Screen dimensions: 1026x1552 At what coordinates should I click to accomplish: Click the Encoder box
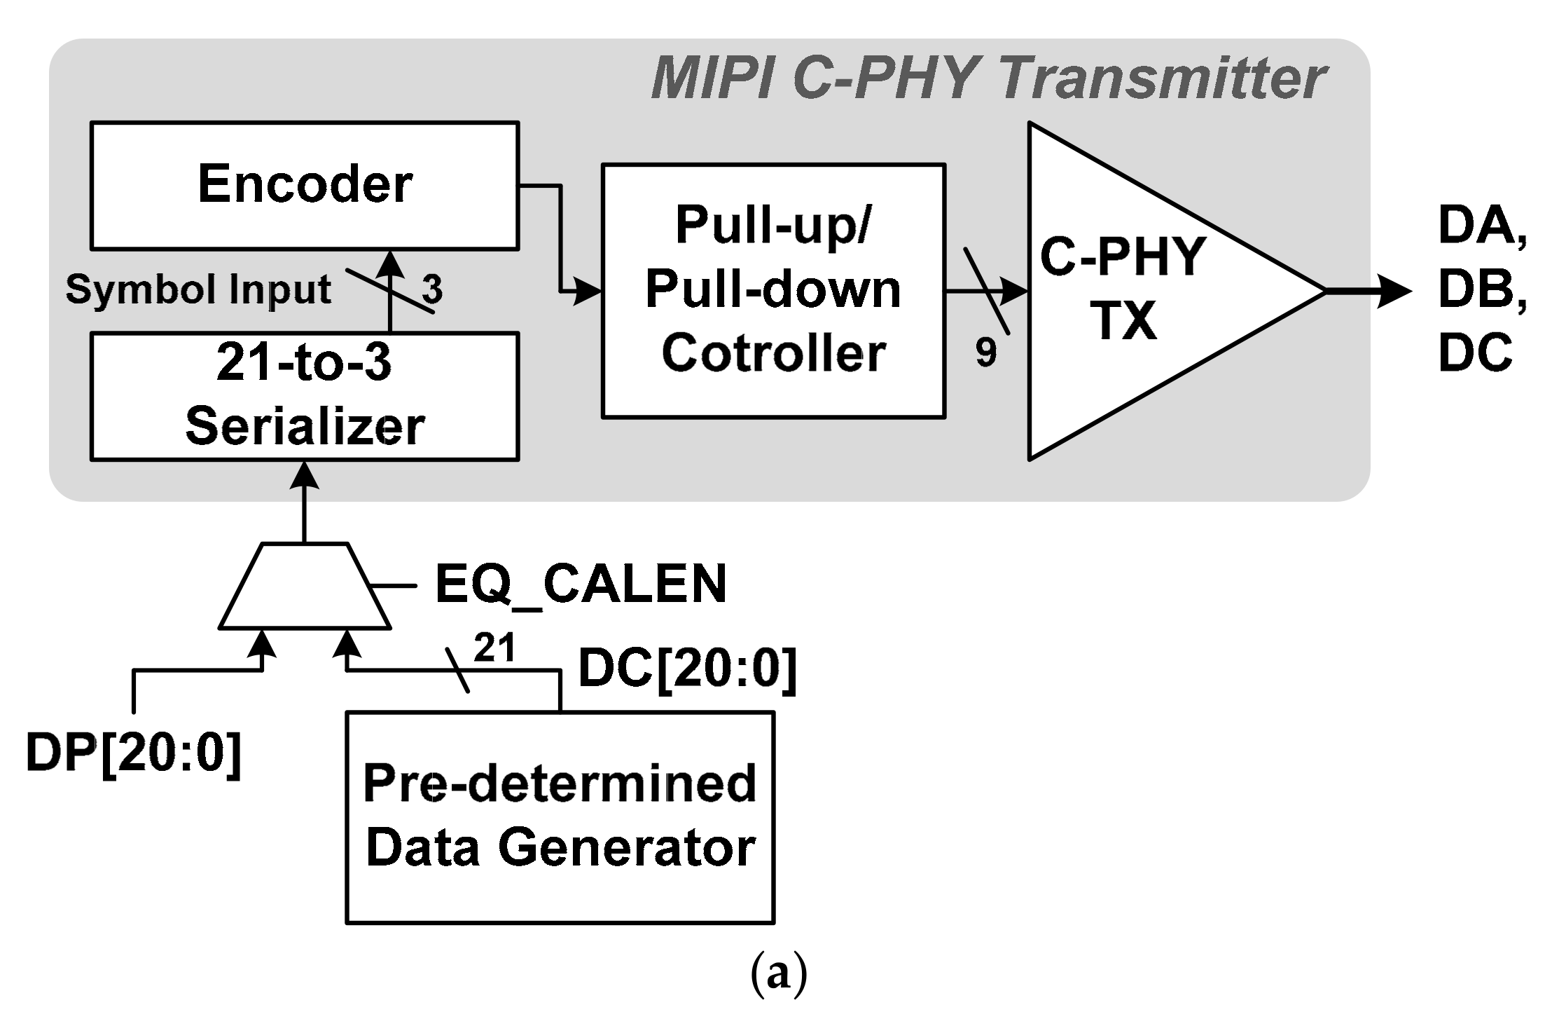click(305, 186)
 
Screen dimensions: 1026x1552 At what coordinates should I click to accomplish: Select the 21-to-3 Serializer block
click(305, 397)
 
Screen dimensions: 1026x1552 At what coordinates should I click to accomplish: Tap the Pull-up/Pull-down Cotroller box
click(773, 291)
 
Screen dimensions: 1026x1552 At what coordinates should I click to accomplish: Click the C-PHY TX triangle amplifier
click(1135, 291)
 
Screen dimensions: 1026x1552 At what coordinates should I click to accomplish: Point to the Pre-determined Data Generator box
click(560, 817)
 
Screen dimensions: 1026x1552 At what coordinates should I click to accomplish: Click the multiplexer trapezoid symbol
click(305, 586)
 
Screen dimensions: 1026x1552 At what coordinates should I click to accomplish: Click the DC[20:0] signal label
click(687, 669)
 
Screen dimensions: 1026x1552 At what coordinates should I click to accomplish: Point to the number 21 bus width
click(494, 648)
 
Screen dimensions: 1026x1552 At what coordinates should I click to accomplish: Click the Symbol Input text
click(198, 289)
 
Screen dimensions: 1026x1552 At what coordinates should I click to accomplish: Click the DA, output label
click(1482, 226)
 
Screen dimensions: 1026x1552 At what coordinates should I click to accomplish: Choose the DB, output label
click(1482, 289)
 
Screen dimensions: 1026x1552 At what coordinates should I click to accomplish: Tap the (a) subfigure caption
click(778, 974)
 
